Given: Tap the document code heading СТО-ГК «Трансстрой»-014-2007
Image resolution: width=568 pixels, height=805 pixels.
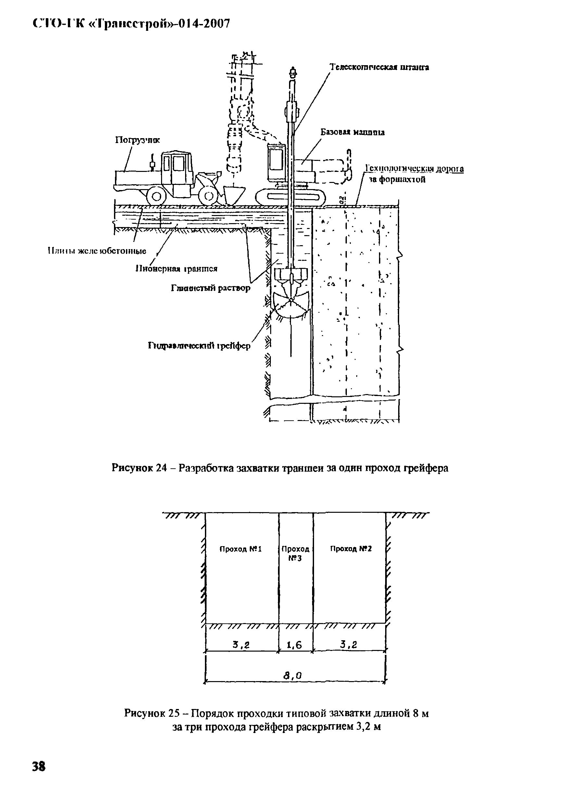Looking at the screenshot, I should coord(131,24).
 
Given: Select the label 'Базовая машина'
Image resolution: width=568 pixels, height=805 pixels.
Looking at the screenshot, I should coord(352,132).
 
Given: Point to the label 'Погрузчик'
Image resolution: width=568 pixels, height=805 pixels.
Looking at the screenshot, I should coord(138,140).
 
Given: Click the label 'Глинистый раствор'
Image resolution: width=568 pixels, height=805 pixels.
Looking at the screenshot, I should coord(211,288).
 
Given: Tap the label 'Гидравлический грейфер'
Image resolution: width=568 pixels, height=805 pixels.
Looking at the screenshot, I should coord(199,346).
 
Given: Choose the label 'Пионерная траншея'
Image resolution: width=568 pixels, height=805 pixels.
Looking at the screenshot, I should coord(176,269).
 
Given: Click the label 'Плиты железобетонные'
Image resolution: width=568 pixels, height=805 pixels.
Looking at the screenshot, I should coord(97,251).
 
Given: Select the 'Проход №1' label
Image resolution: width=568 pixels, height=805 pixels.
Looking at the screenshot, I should coord(240,549).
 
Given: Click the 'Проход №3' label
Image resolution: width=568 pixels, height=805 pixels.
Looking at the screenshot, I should coord(295,553).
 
